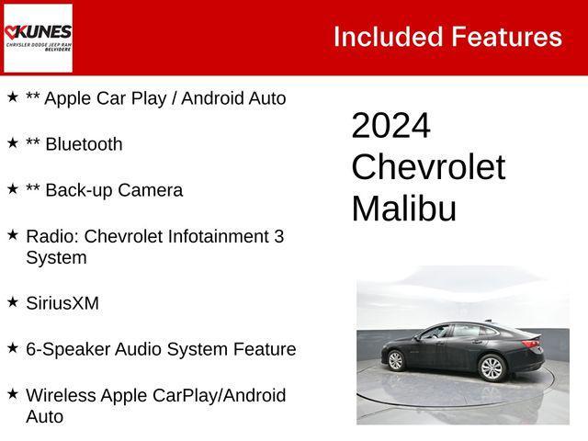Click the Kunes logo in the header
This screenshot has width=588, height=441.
38,37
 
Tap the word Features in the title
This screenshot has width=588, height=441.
506,37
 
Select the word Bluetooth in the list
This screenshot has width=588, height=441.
83,144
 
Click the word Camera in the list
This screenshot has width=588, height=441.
151,190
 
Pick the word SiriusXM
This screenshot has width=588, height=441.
62,303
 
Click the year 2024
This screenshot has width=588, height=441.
390,126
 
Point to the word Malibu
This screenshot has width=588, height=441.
403,209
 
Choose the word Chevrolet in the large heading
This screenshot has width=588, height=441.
428,167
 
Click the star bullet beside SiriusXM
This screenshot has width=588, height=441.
13,301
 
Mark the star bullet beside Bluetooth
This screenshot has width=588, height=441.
13,142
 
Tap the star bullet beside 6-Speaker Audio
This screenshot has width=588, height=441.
13,347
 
